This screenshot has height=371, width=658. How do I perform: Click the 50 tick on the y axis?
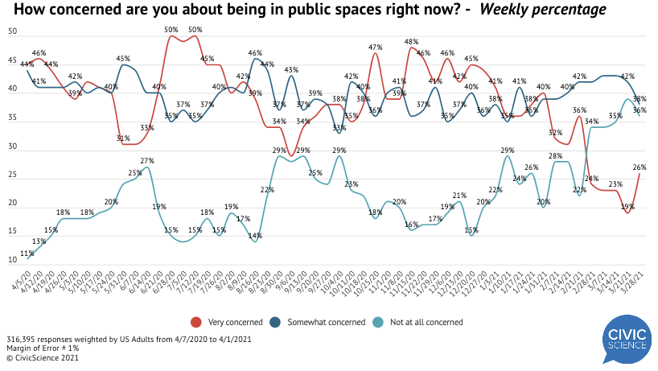coord(13,31)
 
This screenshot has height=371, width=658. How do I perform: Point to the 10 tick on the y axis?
coord(13,261)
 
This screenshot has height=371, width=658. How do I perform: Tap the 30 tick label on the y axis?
coord(13,146)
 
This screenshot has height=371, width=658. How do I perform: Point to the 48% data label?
coord(409,40)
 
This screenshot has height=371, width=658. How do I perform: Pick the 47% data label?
coord(375,47)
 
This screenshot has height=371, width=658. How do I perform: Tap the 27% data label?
coord(147,161)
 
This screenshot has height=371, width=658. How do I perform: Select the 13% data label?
coord(39,241)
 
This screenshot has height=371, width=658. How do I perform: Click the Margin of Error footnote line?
coord(39,348)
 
